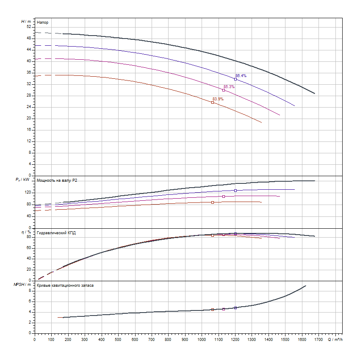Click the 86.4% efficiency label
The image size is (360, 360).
[241, 75]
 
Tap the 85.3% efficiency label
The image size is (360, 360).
[229, 87]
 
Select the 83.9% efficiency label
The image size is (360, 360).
[218, 99]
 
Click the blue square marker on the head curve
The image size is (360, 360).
[235, 79]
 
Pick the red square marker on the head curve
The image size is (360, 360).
[213, 102]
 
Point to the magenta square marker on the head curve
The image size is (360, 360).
[224, 90]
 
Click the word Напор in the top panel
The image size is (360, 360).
[43, 22]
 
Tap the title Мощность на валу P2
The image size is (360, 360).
[57, 180]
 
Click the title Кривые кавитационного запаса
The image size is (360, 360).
[65, 285]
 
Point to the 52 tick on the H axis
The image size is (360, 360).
[29, 27]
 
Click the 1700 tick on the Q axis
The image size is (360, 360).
[318, 339]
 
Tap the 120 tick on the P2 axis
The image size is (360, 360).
[28, 192]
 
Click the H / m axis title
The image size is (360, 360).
[26, 21]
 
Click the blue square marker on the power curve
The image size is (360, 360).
[235, 191]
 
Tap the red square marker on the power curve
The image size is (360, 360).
[213, 202]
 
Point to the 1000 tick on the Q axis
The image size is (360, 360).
[202, 339]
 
